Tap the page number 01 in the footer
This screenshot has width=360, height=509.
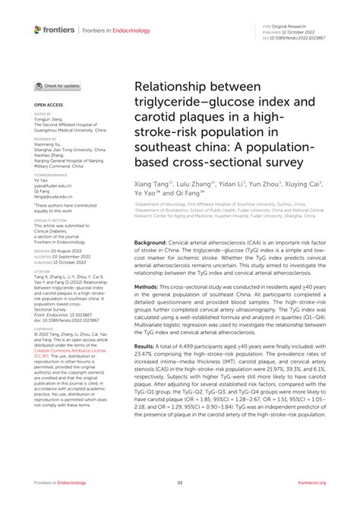click(x=180, y=482)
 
